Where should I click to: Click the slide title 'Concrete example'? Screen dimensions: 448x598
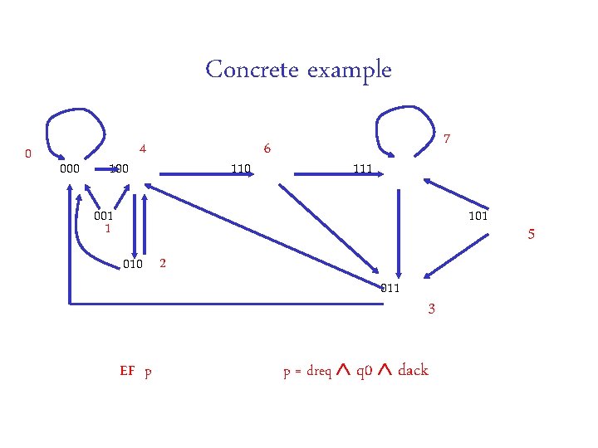pos(298,70)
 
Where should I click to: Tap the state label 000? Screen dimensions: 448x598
pos(70,169)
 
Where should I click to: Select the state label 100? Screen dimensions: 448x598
pos(119,169)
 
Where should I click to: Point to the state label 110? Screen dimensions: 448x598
pos(241,169)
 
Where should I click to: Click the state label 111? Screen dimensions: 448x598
pos(362,169)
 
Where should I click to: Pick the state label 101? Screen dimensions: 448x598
pos(478,217)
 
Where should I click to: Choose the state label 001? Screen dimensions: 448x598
pos(104,216)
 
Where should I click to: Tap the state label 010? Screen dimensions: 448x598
pos(133,265)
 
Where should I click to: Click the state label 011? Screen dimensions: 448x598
pos(390,289)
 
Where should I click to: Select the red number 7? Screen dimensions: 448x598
pos(447,137)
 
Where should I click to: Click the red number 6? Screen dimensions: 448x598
pos(267,149)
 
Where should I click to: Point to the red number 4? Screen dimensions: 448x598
pos(143,149)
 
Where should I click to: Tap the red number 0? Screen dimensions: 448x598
pos(28,154)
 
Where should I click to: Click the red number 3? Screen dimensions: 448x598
pos(431,309)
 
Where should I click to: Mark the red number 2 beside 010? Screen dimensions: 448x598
pos(163,264)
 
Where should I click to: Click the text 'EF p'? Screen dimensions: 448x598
pos(135,371)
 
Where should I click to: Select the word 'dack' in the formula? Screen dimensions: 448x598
pos(413,370)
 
